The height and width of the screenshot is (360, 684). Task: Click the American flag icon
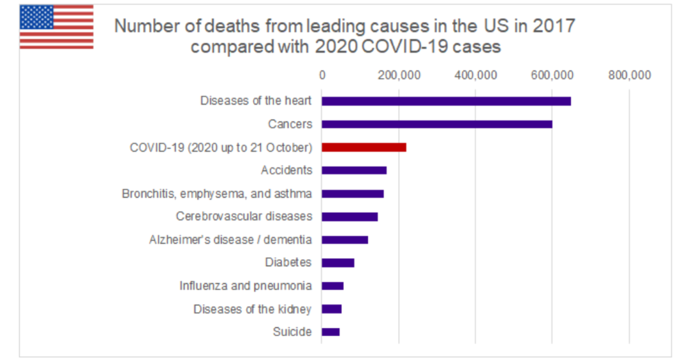pos(56,27)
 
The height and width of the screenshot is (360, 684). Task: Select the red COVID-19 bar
pos(364,147)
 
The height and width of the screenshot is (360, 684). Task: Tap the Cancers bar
pos(436,125)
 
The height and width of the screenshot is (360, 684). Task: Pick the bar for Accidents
pos(354,170)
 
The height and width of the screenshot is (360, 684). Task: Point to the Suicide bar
pos(330,332)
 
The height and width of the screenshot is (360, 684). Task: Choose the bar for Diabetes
pos(338,263)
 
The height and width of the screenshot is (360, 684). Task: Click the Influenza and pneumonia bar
pos(332,286)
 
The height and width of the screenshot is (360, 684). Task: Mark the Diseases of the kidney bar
pos(332,309)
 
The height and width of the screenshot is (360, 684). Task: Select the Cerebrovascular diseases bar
pos(350,217)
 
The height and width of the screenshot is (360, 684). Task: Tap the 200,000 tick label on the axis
pos(398,75)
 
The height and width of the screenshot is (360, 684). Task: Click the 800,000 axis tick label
pos(629,75)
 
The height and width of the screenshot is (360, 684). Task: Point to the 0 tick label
pos(321,75)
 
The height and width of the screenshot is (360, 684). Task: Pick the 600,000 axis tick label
pos(552,75)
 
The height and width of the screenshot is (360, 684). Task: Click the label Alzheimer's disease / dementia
pos(231,240)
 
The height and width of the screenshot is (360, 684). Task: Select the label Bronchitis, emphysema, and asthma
pos(217,194)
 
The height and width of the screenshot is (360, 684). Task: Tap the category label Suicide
pos(293,332)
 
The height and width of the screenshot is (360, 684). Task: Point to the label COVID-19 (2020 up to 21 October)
pos(221,147)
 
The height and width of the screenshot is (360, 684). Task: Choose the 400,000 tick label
pos(475,75)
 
